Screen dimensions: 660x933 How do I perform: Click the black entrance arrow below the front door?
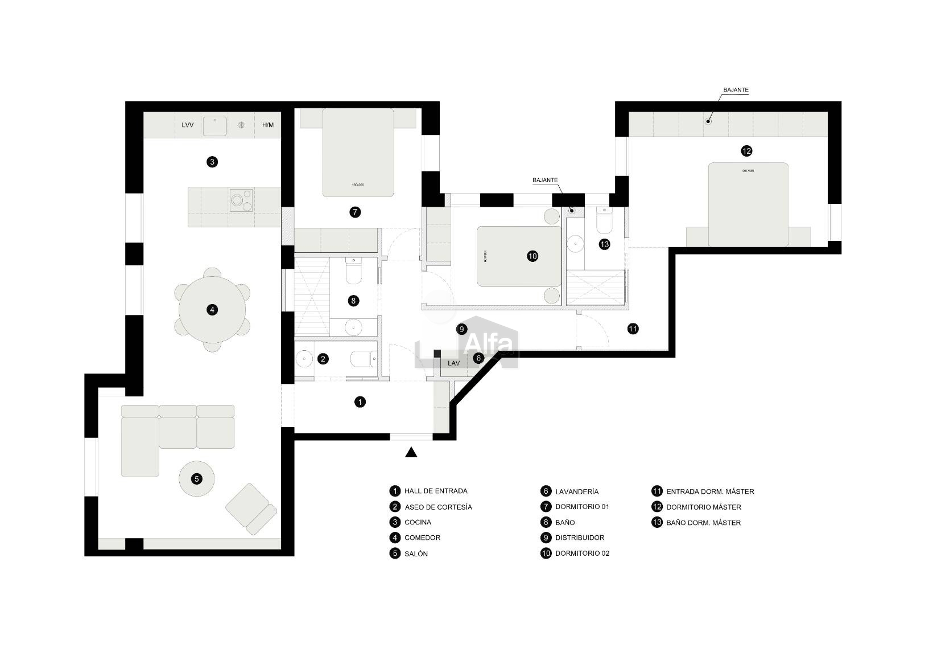point(411,453)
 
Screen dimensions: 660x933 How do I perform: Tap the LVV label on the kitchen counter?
point(188,125)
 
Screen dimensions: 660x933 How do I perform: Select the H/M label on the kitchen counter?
point(268,125)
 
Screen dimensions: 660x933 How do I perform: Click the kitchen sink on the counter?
point(215,126)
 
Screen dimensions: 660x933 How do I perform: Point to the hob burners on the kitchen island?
point(241,200)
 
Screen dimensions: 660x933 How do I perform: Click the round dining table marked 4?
point(212,310)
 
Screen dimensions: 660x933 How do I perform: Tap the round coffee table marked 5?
point(197,478)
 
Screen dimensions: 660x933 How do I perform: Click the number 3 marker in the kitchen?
point(212,162)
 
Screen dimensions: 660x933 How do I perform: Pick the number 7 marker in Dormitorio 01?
point(354,212)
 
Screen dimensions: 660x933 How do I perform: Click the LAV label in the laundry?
point(453,363)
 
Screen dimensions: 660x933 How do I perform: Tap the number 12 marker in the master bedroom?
point(746,151)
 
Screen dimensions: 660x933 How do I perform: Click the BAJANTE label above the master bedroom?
point(736,90)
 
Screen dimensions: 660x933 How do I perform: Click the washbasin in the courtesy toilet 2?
point(304,359)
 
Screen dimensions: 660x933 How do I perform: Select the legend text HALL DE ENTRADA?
point(436,491)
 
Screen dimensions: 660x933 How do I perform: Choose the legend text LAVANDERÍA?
point(577,491)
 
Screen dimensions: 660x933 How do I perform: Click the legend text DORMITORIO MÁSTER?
point(704,507)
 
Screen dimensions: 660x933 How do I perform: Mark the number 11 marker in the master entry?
point(633,329)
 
